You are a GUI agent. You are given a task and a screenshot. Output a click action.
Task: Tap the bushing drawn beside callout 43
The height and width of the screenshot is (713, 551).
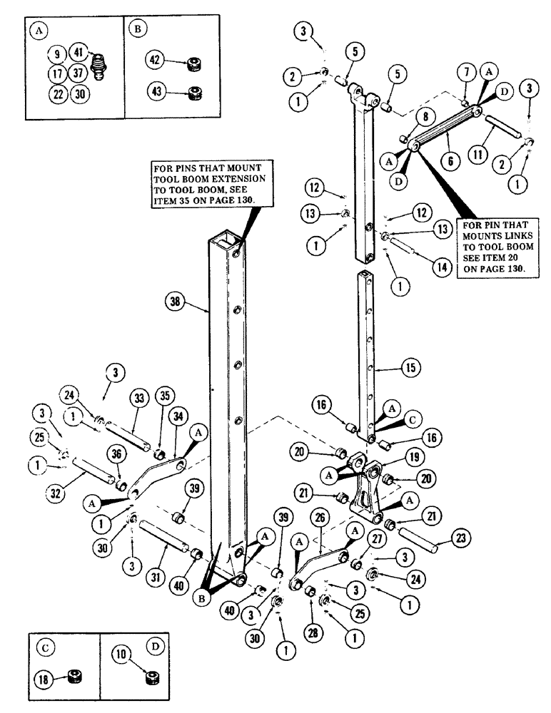click(192, 93)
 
